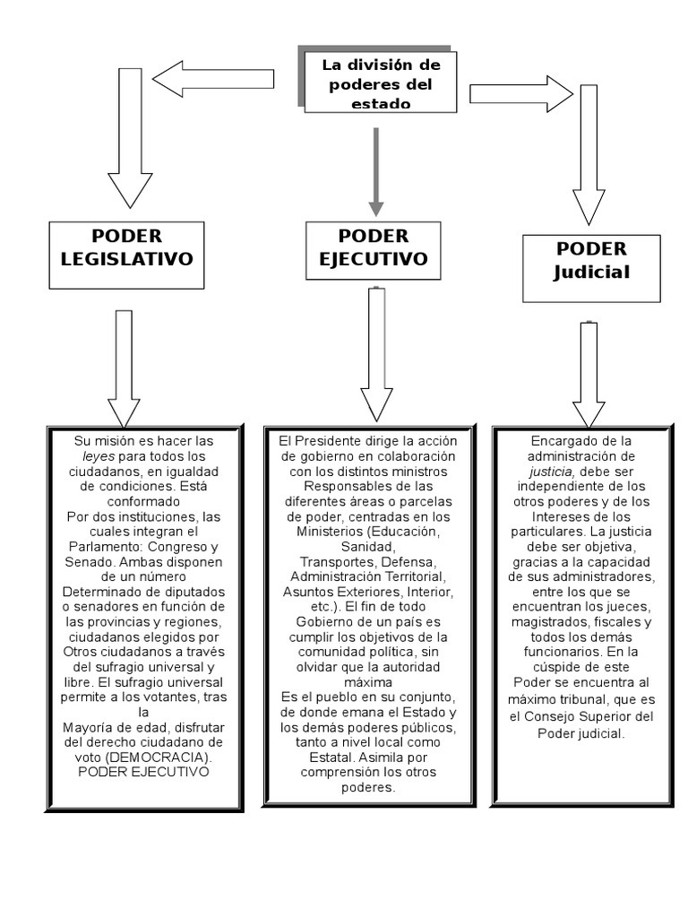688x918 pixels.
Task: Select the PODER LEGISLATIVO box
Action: click(x=126, y=255)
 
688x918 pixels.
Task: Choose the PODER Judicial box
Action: click(x=591, y=267)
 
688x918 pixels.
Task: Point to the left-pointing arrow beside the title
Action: click(x=212, y=79)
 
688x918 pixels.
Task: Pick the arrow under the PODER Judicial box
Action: click(x=589, y=374)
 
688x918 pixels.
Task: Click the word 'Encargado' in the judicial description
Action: click(x=561, y=441)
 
